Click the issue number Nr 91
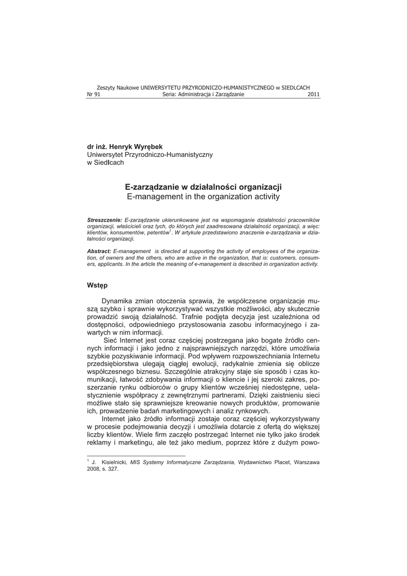pyautogui.click(x=93, y=94)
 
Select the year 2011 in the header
pyautogui.click(x=314, y=94)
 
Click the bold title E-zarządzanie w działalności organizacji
pyautogui.click(x=203, y=187)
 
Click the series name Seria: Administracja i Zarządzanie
pyautogui.click(x=203, y=94)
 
